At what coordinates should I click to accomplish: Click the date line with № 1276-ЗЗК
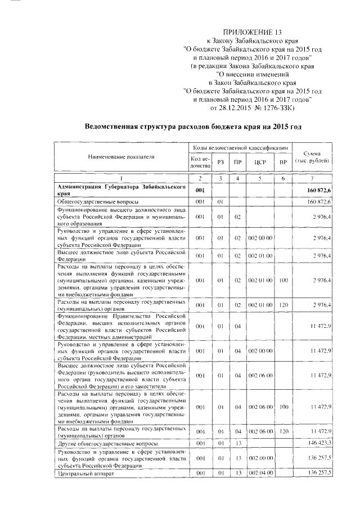pos(252,107)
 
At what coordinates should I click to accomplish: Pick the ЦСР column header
pos(260,163)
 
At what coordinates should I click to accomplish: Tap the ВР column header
pos(283,163)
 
